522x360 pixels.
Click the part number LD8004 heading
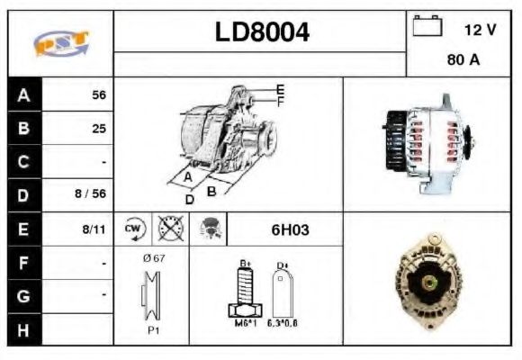(262, 33)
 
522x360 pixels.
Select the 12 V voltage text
(480, 30)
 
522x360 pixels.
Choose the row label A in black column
(24, 94)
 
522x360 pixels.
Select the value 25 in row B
(98, 129)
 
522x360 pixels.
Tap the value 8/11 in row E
(93, 229)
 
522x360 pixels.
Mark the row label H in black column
(24, 330)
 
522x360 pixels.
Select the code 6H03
(290, 229)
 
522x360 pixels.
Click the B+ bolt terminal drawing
(244, 291)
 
